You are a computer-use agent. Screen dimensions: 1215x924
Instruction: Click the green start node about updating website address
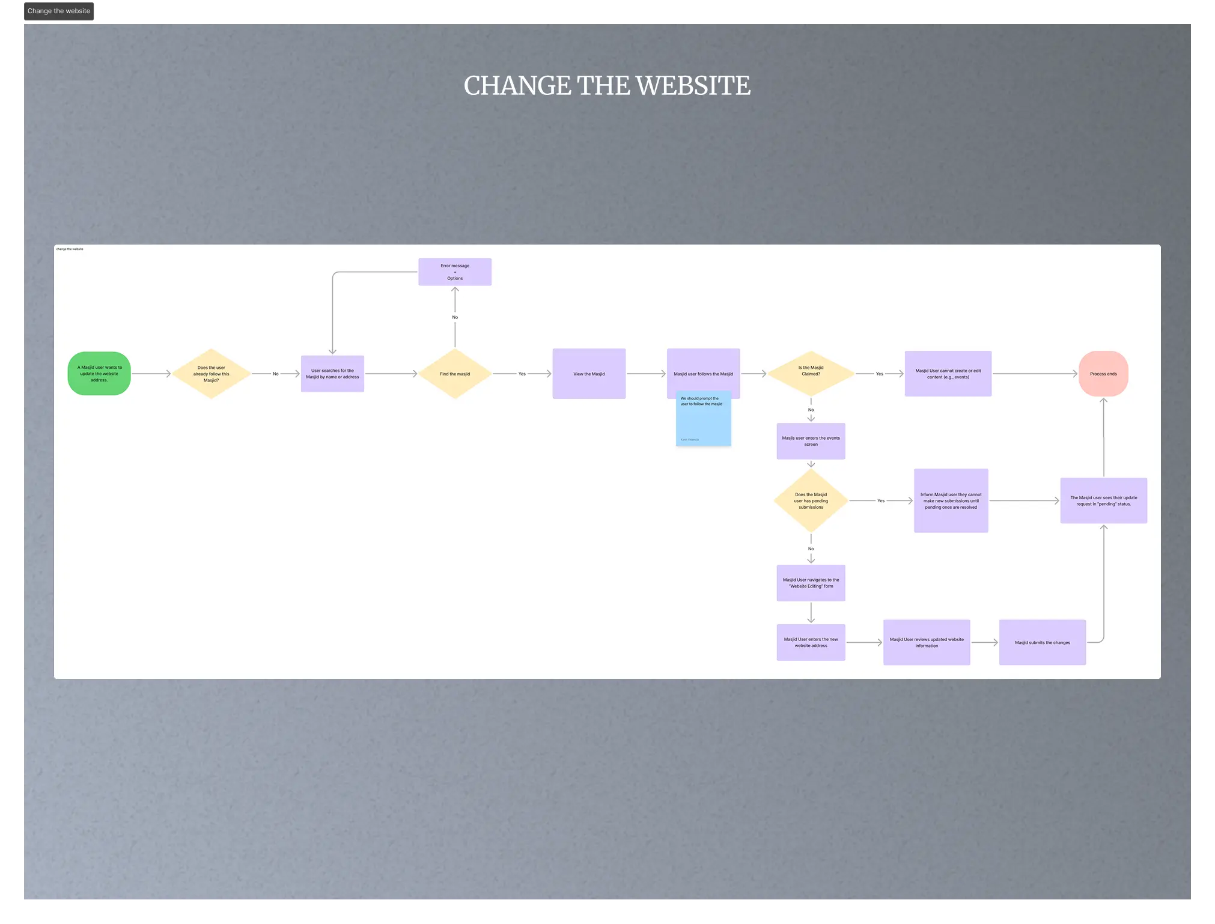(99, 374)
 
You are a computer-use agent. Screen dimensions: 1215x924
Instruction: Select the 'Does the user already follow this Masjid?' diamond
(211, 374)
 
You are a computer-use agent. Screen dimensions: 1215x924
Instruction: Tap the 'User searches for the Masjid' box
(332, 374)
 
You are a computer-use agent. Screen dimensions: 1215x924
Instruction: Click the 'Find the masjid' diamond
(455, 374)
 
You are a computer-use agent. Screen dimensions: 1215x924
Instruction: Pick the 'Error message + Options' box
(455, 272)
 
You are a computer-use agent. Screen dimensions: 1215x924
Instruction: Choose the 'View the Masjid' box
(589, 374)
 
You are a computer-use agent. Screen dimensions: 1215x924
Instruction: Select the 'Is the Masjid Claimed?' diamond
(811, 373)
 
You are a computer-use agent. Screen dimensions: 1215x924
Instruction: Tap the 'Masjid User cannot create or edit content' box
(948, 374)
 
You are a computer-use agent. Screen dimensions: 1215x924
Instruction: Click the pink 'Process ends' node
(1103, 374)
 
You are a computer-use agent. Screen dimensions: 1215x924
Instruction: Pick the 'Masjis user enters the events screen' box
(811, 441)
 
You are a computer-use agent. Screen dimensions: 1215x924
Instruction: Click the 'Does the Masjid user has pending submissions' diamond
(811, 500)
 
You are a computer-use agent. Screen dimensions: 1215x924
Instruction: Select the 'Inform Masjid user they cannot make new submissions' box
(951, 500)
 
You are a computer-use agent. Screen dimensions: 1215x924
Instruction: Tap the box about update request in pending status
(1103, 500)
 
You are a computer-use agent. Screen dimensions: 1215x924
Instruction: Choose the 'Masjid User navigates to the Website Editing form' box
(811, 583)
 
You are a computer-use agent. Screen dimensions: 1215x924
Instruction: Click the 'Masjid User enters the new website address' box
(811, 642)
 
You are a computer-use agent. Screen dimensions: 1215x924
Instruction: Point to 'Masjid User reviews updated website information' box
(926, 642)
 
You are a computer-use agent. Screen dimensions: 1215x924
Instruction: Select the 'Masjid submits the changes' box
(1042, 642)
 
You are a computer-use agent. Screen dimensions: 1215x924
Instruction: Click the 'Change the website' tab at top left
(59, 11)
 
